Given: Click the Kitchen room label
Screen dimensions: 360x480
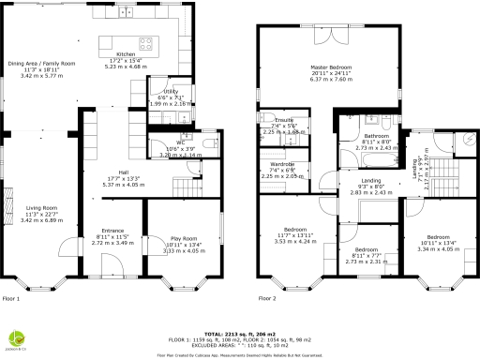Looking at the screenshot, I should click(x=125, y=54).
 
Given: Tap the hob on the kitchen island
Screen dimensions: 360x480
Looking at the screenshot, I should click(x=148, y=42).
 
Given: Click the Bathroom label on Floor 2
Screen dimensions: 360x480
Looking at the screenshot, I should click(x=376, y=137).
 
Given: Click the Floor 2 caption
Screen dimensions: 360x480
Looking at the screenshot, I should click(x=267, y=299).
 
